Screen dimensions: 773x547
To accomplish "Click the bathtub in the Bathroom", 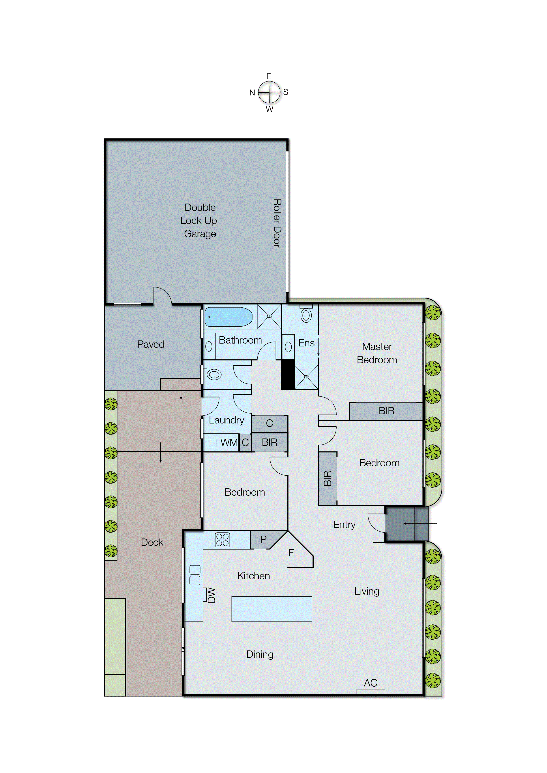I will pyautogui.click(x=228, y=317).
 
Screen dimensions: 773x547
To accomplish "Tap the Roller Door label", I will pyautogui.click(x=277, y=223).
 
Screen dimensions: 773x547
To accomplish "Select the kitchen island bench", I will pyautogui.click(x=272, y=609).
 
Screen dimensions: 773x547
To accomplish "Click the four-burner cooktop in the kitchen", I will pyautogui.click(x=222, y=540).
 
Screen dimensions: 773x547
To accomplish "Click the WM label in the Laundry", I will pyautogui.click(x=229, y=442).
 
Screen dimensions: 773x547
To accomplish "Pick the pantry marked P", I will pyautogui.click(x=263, y=539).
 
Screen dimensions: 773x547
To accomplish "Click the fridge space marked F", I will pyautogui.click(x=291, y=553).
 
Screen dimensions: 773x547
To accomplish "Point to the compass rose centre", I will pyautogui.click(x=269, y=92).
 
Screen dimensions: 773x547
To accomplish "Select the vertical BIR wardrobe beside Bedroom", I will pyautogui.click(x=327, y=478).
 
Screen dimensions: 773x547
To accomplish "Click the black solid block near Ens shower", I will pyautogui.click(x=288, y=374).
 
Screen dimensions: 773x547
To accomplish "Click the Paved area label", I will pyautogui.click(x=151, y=344).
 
